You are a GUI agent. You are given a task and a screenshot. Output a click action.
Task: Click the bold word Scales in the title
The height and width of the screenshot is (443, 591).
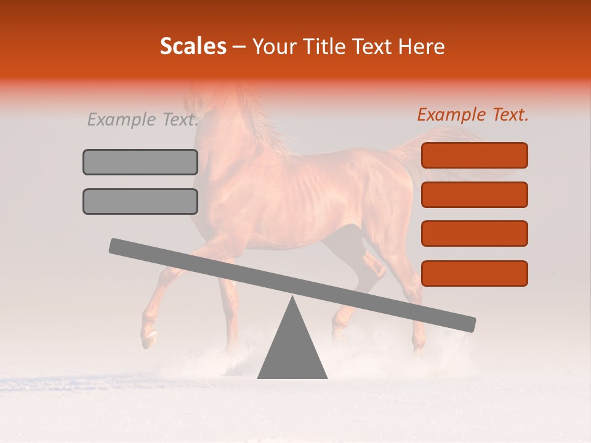(193, 47)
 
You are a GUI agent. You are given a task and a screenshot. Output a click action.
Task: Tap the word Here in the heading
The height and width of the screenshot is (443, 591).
(422, 47)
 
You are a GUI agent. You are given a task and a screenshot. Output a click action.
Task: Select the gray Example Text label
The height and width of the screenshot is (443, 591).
(143, 119)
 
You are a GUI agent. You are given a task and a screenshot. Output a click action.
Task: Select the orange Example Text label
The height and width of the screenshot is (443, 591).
(473, 114)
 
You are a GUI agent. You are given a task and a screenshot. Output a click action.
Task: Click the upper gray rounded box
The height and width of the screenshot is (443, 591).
(140, 162)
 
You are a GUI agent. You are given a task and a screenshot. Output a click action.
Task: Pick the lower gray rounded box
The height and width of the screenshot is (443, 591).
(140, 201)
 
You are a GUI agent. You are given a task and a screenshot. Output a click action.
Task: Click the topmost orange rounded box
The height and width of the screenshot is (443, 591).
(474, 155)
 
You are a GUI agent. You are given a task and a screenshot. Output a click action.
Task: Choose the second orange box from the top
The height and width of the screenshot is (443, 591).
(474, 194)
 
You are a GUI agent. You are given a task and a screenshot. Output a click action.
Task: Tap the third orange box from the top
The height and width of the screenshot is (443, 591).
(474, 234)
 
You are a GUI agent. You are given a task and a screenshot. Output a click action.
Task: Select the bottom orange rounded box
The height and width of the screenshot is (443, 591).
(474, 273)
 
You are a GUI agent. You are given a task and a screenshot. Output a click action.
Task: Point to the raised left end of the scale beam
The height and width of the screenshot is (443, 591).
(117, 245)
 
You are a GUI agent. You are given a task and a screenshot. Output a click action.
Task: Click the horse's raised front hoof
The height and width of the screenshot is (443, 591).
(148, 337)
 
